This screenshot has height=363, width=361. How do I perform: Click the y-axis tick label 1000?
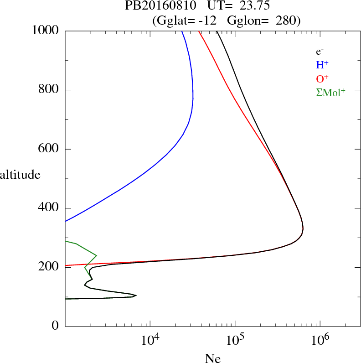click(x=45, y=31)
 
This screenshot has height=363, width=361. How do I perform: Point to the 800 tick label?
click(x=49, y=90)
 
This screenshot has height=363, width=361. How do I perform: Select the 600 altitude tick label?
click(x=49, y=149)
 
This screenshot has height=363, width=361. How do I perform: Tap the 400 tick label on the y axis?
click(x=49, y=208)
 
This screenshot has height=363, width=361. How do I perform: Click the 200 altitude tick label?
click(x=49, y=267)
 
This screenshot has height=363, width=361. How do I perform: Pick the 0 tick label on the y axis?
click(x=56, y=326)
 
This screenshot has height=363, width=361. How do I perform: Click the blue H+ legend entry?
click(x=322, y=65)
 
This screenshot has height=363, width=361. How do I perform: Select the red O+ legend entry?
click(x=322, y=78)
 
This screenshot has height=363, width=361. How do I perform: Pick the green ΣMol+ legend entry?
click(x=330, y=92)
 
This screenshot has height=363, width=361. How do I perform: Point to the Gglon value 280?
click(x=289, y=21)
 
